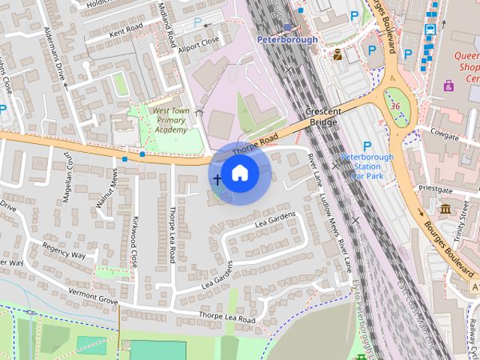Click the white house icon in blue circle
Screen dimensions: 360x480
240,173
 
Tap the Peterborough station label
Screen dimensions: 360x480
287,39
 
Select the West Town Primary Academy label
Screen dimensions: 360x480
169,120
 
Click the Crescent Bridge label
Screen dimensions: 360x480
324,116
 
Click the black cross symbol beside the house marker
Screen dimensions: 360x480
218,179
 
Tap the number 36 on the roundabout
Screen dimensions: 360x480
394,106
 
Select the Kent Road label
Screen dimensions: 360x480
125,31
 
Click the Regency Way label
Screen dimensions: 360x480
64,250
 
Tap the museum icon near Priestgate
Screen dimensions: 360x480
445,208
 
